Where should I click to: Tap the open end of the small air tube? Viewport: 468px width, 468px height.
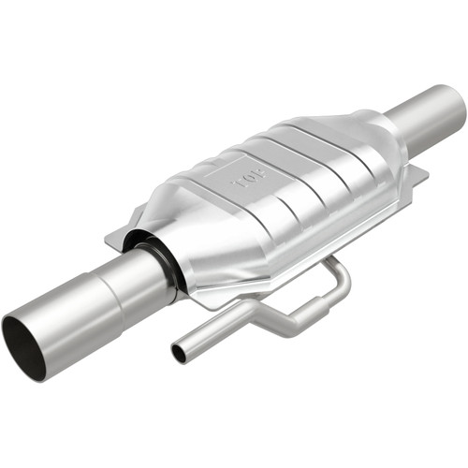179,353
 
